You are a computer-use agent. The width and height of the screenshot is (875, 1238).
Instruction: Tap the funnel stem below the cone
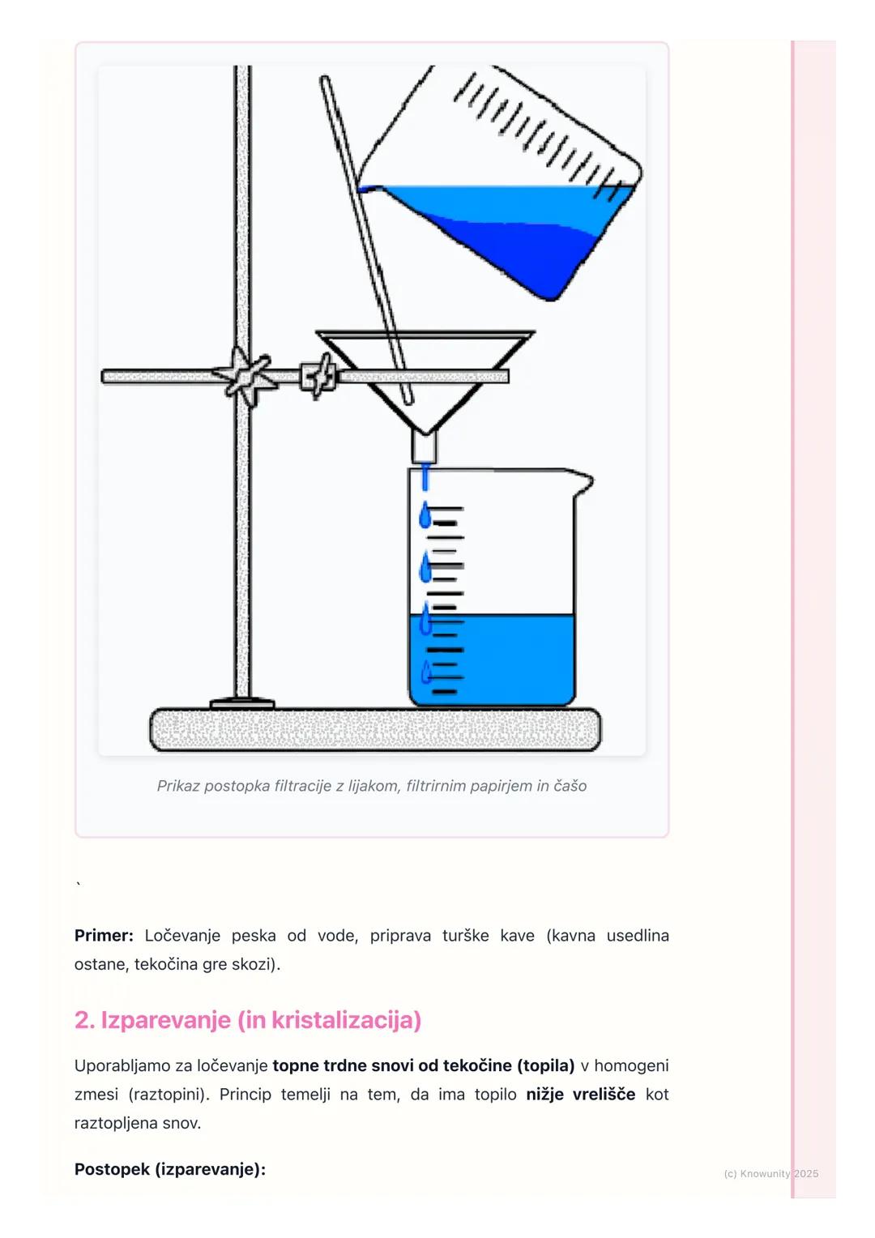pyautogui.click(x=424, y=447)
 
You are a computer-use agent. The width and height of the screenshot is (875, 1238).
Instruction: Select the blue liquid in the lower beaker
pyautogui.click(x=492, y=660)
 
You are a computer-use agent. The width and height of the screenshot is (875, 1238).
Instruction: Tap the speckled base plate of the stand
pyautogui.click(x=376, y=729)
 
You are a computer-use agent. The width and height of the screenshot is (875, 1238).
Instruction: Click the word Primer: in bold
pyautogui.click(x=104, y=936)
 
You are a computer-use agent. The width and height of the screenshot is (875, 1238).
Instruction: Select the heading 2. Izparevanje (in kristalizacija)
pyautogui.click(x=248, y=1020)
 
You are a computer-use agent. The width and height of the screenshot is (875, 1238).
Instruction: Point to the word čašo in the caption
pyautogui.click(x=571, y=786)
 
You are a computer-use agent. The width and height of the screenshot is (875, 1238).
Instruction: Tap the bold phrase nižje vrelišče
pyautogui.click(x=580, y=1095)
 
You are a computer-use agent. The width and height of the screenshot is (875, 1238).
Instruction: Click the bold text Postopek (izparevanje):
pyautogui.click(x=170, y=1169)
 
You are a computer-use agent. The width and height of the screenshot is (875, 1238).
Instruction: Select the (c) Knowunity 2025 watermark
pyautogui.click(x=771, y=1174)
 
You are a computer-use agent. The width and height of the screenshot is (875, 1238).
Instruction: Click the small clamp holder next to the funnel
pyautogui.click(x=318, y=377)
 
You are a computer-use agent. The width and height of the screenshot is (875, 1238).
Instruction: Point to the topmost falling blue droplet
pyautogui.click(x=425, y=514)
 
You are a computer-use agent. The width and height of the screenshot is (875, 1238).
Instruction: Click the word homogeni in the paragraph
pyautogui.click(x=631, y=1065)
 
